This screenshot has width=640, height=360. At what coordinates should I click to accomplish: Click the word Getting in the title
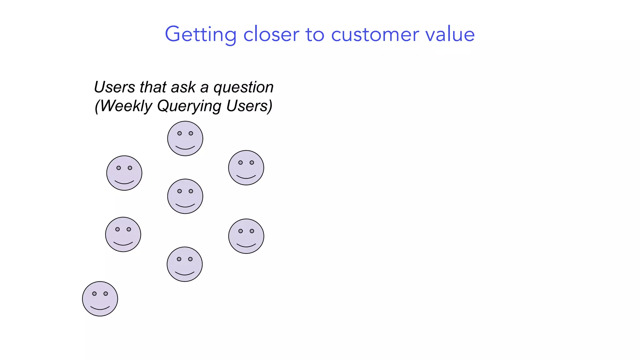[x=200, y=34]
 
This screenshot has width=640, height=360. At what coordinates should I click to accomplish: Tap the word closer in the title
[x=271, y=34]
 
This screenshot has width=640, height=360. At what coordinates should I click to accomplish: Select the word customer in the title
[x=375, y=34]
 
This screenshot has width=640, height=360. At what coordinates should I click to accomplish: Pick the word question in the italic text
[x=243, y=87]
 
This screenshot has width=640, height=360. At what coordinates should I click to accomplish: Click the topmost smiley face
[x=185, y=138]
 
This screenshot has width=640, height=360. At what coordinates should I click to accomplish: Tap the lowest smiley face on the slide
[x=100, y=299]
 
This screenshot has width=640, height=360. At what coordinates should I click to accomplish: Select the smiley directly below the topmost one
[x=185, y=196]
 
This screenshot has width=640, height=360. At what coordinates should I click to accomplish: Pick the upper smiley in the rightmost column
[x=246, y=168]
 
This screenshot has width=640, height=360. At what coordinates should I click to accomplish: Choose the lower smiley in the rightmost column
[x=246, y=236]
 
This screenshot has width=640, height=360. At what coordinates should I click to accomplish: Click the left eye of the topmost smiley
[x=179, y=133]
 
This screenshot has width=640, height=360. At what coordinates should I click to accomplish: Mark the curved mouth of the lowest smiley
[x=100, y=308]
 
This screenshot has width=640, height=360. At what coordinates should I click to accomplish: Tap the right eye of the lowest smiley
[x=106, y=294]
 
